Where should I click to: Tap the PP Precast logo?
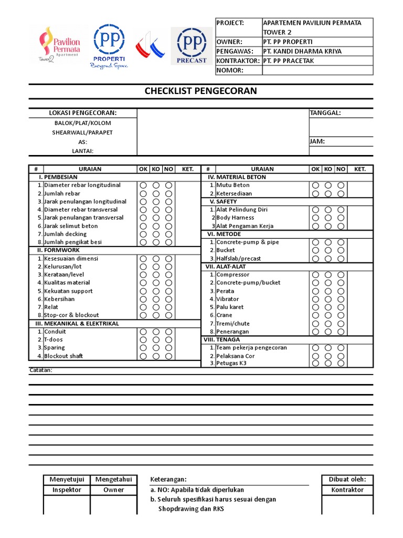pos(192,46)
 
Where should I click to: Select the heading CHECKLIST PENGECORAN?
pos(201,91)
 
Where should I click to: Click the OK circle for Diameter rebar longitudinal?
pos(143,185)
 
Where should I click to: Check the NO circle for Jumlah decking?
pos(168,234)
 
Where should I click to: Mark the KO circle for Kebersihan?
pos(156,299)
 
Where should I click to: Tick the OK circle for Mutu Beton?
pos(315,185)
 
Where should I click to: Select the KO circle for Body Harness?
pos(328,218)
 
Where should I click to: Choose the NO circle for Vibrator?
pos(341,299)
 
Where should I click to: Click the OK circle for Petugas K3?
pos(315,363)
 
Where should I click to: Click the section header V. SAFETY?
pos(224,202)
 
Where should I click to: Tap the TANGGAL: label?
pos(325,113)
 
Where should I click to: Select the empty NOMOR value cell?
pos(317,70)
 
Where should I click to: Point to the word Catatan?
pos(40,370)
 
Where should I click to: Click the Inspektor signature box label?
pos(67,490)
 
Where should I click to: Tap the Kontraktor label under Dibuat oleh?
pos(347,490)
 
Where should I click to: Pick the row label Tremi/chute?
pos(233,324)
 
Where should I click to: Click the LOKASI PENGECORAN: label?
pos(82,113)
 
